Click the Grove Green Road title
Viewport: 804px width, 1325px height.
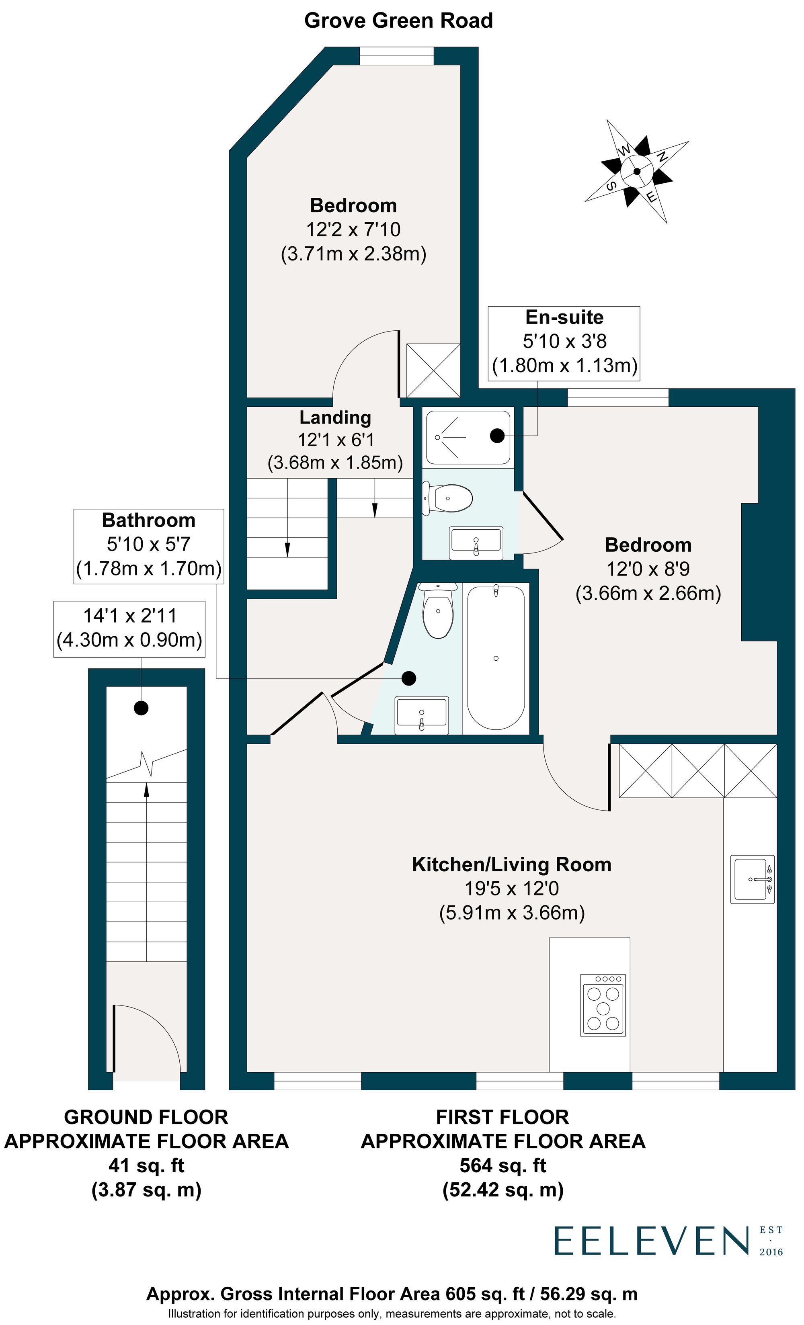point(398,20)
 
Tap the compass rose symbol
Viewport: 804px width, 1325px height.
point(636,172)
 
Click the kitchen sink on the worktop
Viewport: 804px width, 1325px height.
point(752,879)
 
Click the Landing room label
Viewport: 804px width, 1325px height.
point(335,417)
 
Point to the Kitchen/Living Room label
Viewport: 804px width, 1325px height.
point(511,864)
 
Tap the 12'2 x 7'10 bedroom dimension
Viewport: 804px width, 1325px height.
point(353,229)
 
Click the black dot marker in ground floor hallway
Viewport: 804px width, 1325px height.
point(141,708)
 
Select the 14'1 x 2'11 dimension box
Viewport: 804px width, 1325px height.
point(129,628)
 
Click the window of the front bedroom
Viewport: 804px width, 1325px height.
point(396,55)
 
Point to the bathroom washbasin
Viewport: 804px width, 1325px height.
point(422,715)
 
